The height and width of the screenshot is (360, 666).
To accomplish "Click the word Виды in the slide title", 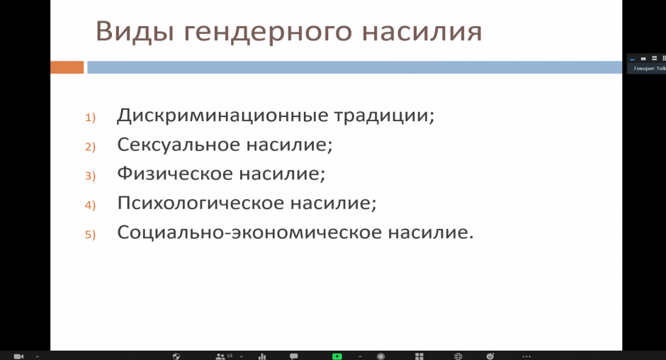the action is point(135,32).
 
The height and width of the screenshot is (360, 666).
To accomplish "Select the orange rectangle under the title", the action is point(67,67).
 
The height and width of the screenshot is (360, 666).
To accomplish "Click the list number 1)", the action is point(90,118).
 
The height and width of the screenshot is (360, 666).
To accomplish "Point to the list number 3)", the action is point(90,176).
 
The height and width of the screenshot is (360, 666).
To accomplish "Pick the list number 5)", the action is point(90,234).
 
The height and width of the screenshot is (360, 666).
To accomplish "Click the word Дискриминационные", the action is point(222,116).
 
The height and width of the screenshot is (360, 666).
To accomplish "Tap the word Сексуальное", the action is point(179,145).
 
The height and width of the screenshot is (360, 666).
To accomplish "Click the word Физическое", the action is point(175,174).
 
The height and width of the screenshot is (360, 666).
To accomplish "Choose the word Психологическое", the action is point(201,203).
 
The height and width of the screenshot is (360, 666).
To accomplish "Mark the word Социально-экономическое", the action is point(249,232).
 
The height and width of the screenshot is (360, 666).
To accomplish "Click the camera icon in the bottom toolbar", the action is point(18,356).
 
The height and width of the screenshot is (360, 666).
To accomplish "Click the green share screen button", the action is point(337,356).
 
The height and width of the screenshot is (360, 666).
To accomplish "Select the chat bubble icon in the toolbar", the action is point(293,356).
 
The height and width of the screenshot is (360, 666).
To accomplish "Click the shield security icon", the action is point(176,356).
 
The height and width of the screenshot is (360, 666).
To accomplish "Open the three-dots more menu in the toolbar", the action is point(526,356).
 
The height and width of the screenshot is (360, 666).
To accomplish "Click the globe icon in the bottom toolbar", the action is point(458,356).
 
